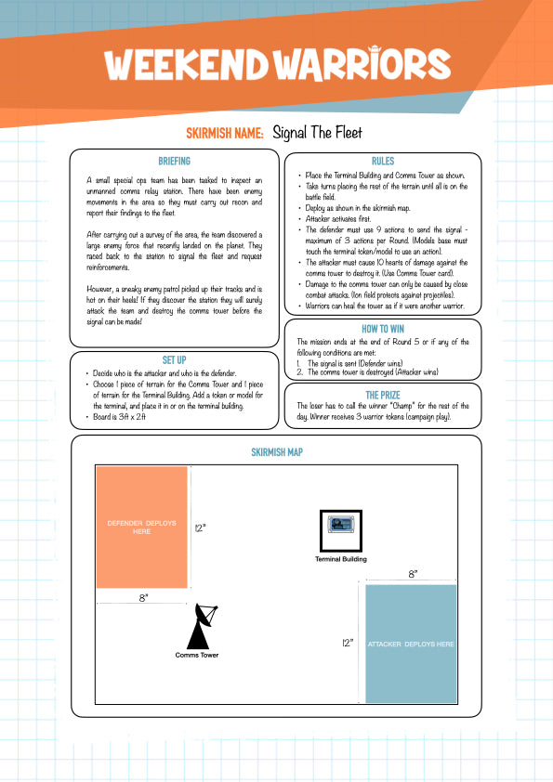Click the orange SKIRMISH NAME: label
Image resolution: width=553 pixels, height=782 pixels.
pos(225,133)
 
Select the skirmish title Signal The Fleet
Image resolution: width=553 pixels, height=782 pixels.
pos(317,133)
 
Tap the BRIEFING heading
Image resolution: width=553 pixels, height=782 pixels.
pos(174,161)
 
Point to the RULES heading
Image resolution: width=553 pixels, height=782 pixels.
pos(383,161)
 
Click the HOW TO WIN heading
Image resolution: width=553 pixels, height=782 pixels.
pos(383,329)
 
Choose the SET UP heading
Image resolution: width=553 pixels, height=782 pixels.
pos(174,360)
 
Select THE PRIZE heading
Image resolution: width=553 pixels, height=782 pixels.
pos(383,395)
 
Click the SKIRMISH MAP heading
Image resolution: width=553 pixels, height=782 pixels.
pos(277,452)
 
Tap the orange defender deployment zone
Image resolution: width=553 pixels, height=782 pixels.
pos(142,528)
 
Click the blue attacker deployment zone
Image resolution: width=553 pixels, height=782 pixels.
pos(411,644)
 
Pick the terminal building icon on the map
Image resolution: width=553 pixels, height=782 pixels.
pos(341,531)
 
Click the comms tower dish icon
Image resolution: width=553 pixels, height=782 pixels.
pos(201,626)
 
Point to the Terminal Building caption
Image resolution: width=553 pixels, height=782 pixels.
pos(341,559)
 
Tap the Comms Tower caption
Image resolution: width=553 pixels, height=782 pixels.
pos(197,655)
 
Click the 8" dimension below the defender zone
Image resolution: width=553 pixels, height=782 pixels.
pos(143,597)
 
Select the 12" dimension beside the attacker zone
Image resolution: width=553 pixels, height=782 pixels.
pos(348,643)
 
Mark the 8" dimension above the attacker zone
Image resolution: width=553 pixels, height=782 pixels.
pos(413,574)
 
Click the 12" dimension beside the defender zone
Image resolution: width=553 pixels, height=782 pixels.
pos(200,528)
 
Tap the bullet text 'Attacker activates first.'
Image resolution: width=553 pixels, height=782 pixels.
pos(338,218)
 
